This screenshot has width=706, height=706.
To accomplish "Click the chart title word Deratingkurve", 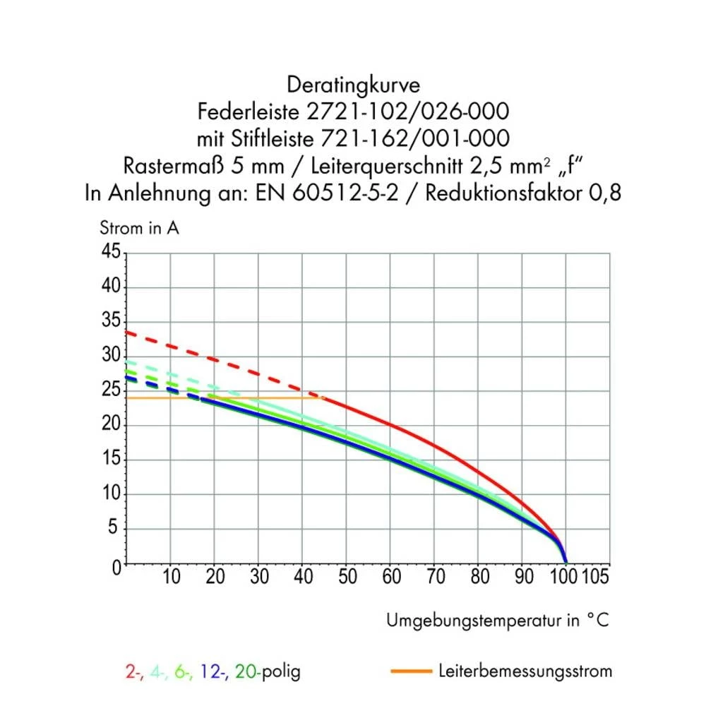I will click(353, 85).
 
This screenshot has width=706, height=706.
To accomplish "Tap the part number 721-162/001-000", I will click(432, 138).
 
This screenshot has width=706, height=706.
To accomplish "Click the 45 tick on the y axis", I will click(111, 252).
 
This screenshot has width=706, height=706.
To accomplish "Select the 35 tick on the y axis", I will click(111, 321).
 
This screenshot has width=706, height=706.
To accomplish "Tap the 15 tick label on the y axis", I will click(111, 460).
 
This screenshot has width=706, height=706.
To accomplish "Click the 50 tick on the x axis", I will click(347, 578).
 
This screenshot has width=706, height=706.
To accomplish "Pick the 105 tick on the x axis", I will click(594, 578).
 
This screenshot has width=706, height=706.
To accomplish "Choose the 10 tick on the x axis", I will click(171, 578).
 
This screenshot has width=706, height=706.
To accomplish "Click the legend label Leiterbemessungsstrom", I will click(525, 671).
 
